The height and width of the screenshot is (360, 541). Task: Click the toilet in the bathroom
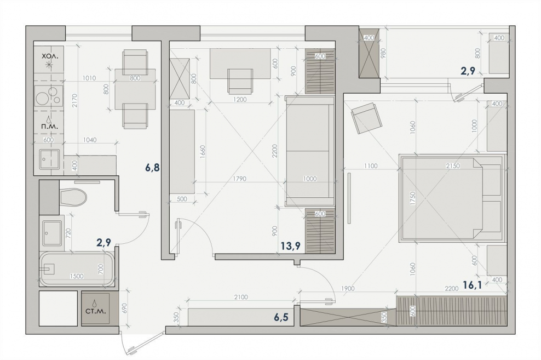pos(73,197)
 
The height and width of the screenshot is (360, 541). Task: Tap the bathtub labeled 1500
pos(77,269)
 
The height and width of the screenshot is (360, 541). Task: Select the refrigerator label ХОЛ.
pos(48,55)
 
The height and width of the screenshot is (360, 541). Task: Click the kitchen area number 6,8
pos(152,168)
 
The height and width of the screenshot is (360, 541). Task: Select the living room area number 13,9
pos(290,246)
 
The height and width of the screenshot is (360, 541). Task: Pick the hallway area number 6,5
pos(281,317)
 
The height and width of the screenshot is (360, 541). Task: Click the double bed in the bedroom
pos(451,198)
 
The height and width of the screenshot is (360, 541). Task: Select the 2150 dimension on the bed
pos(453,166)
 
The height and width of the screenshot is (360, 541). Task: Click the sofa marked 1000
pos(310,151)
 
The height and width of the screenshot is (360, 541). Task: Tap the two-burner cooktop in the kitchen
pos(49,95)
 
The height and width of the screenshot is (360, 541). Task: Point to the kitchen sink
pos(49,159)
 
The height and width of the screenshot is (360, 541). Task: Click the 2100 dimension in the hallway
pos(241,297)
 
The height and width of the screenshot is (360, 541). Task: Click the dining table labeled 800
pos(135,89)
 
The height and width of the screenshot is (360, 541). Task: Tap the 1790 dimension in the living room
pos(239,179)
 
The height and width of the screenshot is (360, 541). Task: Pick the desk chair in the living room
pos(240,81)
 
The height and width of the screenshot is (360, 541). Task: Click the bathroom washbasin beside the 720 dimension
pos(52,233)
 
